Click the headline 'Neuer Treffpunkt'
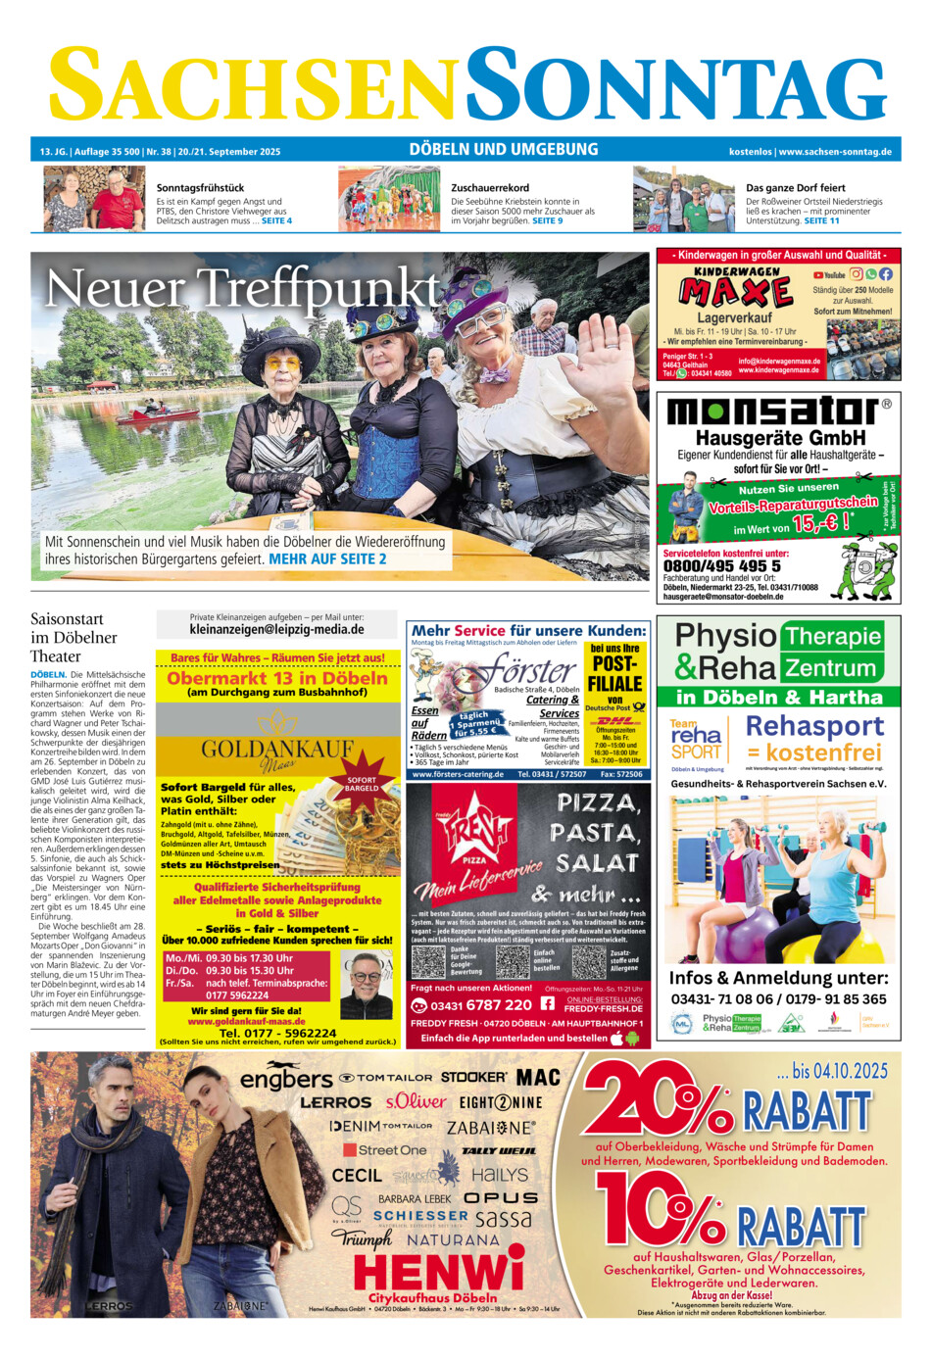pos(242,289)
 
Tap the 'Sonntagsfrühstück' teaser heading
pos(200,187)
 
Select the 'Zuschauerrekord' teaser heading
pos(490,187)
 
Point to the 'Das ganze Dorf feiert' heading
pos(795,187)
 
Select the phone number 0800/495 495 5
pos(721,565)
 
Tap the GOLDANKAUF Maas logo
pos(277,751)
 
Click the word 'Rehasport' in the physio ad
pos(814,726)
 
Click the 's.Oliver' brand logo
pos(415,1101)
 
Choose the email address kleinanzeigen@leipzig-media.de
pos(276,629)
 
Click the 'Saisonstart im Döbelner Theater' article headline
pos(74,637)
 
